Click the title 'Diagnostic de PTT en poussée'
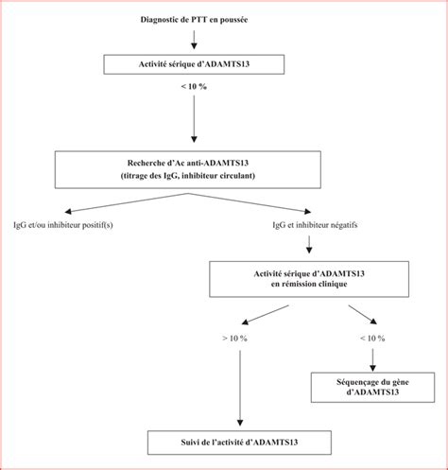click(194, 20)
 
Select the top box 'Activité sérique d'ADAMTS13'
click(194, 64)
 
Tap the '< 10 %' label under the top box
click(194, 86)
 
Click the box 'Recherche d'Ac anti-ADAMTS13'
click(188, 169)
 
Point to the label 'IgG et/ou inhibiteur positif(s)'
click(63, 225)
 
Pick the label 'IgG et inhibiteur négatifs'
click(315, 225)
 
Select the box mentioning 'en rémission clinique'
click(309, 279)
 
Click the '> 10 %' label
click(234, 339)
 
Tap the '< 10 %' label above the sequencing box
click(372, 339)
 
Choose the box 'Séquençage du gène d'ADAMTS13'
click(372, 388)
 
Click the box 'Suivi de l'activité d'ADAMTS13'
click(239, 443)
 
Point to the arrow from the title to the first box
click(194, 40)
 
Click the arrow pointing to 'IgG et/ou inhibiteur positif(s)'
click(127, 202)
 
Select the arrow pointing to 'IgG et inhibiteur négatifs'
click(250, 202)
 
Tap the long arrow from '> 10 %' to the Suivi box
click(240, 388)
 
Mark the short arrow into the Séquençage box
click(372, 360)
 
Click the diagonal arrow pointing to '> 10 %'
click(265, 315)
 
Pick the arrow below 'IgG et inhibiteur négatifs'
click(309, 244)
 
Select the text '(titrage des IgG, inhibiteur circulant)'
click(188, 176)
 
